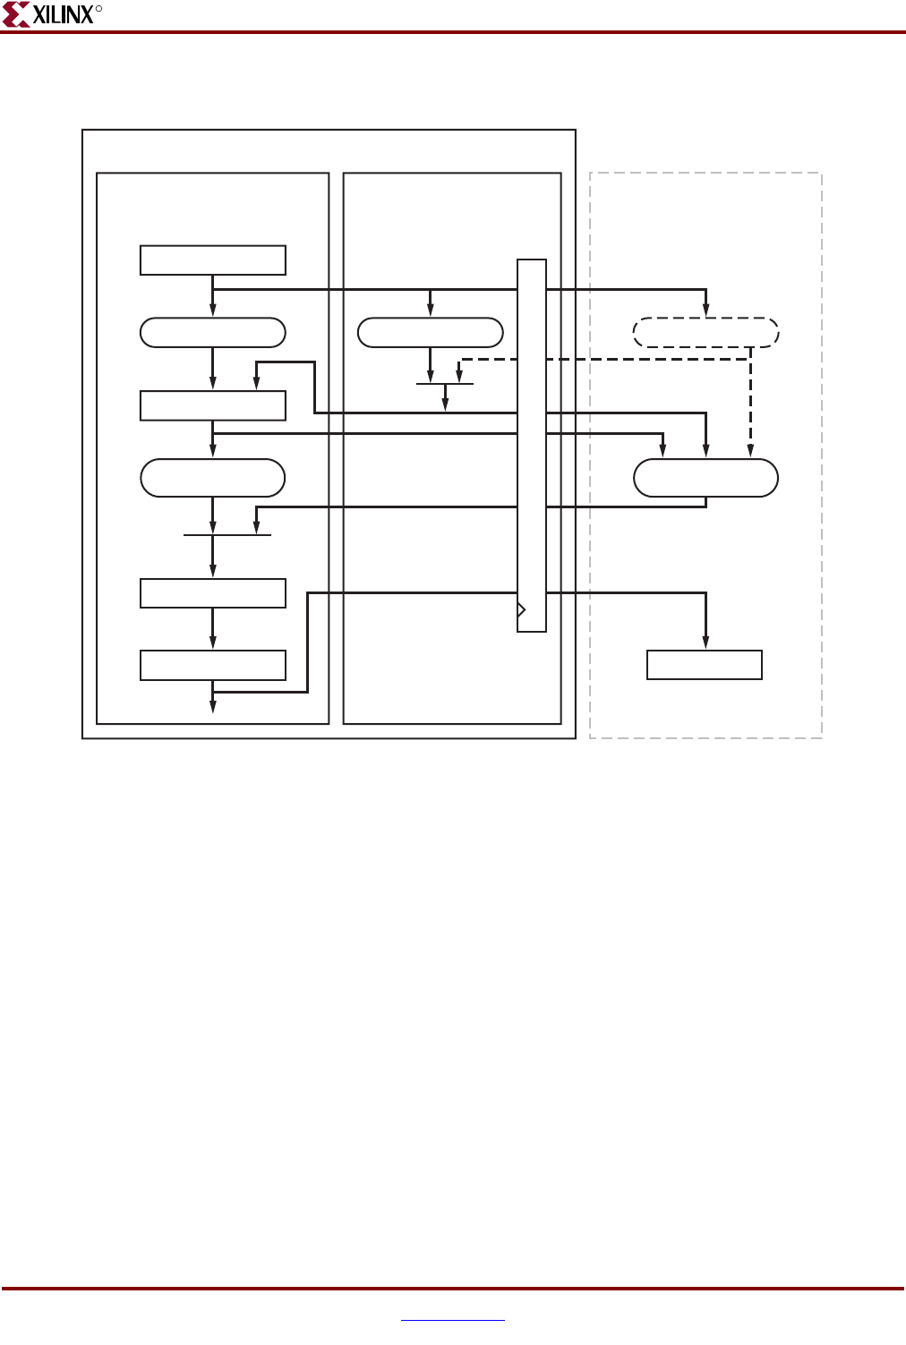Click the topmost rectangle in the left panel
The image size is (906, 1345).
[213, 260]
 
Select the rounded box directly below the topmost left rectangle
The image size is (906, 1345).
[213, 333]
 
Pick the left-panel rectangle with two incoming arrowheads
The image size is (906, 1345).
[213, 405]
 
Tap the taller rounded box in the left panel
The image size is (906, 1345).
[213, 478]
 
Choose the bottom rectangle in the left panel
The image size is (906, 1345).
[213, 666]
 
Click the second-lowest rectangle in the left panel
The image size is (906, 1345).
[213, 593]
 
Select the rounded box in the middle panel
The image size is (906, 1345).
[431, 333]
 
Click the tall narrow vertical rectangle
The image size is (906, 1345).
[532, 446]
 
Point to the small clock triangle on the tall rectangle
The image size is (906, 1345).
[522, 609]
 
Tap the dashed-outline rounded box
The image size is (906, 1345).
[705, 333]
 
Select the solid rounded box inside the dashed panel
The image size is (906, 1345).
[705, 478]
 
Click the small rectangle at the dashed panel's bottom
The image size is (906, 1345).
[705, 665]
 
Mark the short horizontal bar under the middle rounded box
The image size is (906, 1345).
[445, 384]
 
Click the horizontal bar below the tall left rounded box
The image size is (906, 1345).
[227, 535]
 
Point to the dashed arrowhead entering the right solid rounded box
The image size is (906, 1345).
[750, 452]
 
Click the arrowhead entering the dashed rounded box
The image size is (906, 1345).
[705, 311]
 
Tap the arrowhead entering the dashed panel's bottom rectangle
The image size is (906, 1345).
[705, 643]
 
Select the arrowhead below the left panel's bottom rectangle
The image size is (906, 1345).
[213, 707]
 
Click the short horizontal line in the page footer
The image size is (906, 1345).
[453, 1320]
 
